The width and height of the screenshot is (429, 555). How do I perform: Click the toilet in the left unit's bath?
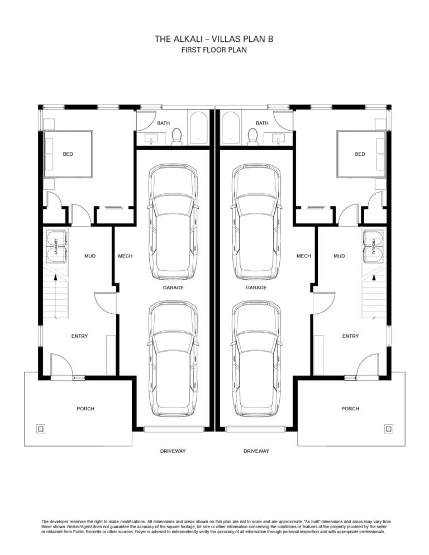(x=177, y=137)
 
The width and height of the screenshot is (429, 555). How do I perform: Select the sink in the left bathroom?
(x=152, y=139)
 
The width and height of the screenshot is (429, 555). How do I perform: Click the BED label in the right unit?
(x=360, y=154)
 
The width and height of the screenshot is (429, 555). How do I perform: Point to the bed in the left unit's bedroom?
(x=68, y=154)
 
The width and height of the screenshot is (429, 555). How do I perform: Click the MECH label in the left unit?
(x=125, y=256)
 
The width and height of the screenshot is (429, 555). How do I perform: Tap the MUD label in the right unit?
(x=339, y=256)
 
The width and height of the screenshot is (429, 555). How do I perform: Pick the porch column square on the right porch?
(x=389, y=429)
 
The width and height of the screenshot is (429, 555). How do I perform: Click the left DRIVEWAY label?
(x=173, y=451)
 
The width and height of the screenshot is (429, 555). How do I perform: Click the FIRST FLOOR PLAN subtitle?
(x=214, y=50)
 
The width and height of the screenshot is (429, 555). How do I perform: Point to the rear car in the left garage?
(x=173, y=222)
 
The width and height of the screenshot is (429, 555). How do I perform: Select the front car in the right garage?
(x=256, y=359)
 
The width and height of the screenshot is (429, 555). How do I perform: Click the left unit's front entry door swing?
(x=61, y=365)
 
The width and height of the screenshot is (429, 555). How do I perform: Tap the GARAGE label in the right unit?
(x=256, y=288)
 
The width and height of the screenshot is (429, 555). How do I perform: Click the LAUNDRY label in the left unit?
(x=56, y=246)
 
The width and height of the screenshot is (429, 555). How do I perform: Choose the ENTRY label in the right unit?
(x=350, y=336)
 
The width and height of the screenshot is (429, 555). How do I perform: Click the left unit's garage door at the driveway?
(x=174, y=429)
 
